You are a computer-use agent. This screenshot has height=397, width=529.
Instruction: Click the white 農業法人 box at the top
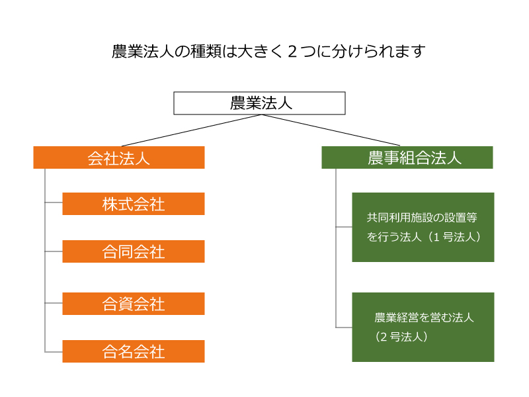[259, 103]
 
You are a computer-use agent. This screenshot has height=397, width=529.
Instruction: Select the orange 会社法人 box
[119, 157]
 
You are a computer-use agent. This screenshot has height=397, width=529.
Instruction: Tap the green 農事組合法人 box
[407, 157]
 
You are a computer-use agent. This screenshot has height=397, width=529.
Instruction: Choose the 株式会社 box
[134, 204]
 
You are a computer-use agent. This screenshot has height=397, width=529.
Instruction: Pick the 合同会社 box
[134, 251]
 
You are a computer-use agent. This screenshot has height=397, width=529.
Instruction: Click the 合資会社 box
[134, 304]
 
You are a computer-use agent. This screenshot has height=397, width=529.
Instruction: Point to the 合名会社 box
[134, 351]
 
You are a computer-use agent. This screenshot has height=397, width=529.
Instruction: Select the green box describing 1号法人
[423, 227]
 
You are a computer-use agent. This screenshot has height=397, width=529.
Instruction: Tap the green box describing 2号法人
[423, 327]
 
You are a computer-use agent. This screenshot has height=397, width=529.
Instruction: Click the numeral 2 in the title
[292, 52]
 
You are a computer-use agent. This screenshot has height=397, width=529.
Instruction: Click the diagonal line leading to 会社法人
[191, 130]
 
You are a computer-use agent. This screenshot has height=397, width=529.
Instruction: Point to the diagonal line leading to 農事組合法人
[331, 130]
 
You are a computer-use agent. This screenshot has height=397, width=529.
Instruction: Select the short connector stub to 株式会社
[54, 202]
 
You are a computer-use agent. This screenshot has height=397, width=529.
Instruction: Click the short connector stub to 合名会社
[54, 352]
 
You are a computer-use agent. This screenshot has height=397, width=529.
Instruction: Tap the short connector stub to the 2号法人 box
[344, 328]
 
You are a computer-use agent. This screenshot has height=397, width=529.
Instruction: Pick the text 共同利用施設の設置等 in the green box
[422, 218]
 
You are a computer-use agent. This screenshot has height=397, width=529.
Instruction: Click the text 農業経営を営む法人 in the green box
[424, 318]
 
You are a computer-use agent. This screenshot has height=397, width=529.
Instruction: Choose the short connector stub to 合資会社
[54, 303]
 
